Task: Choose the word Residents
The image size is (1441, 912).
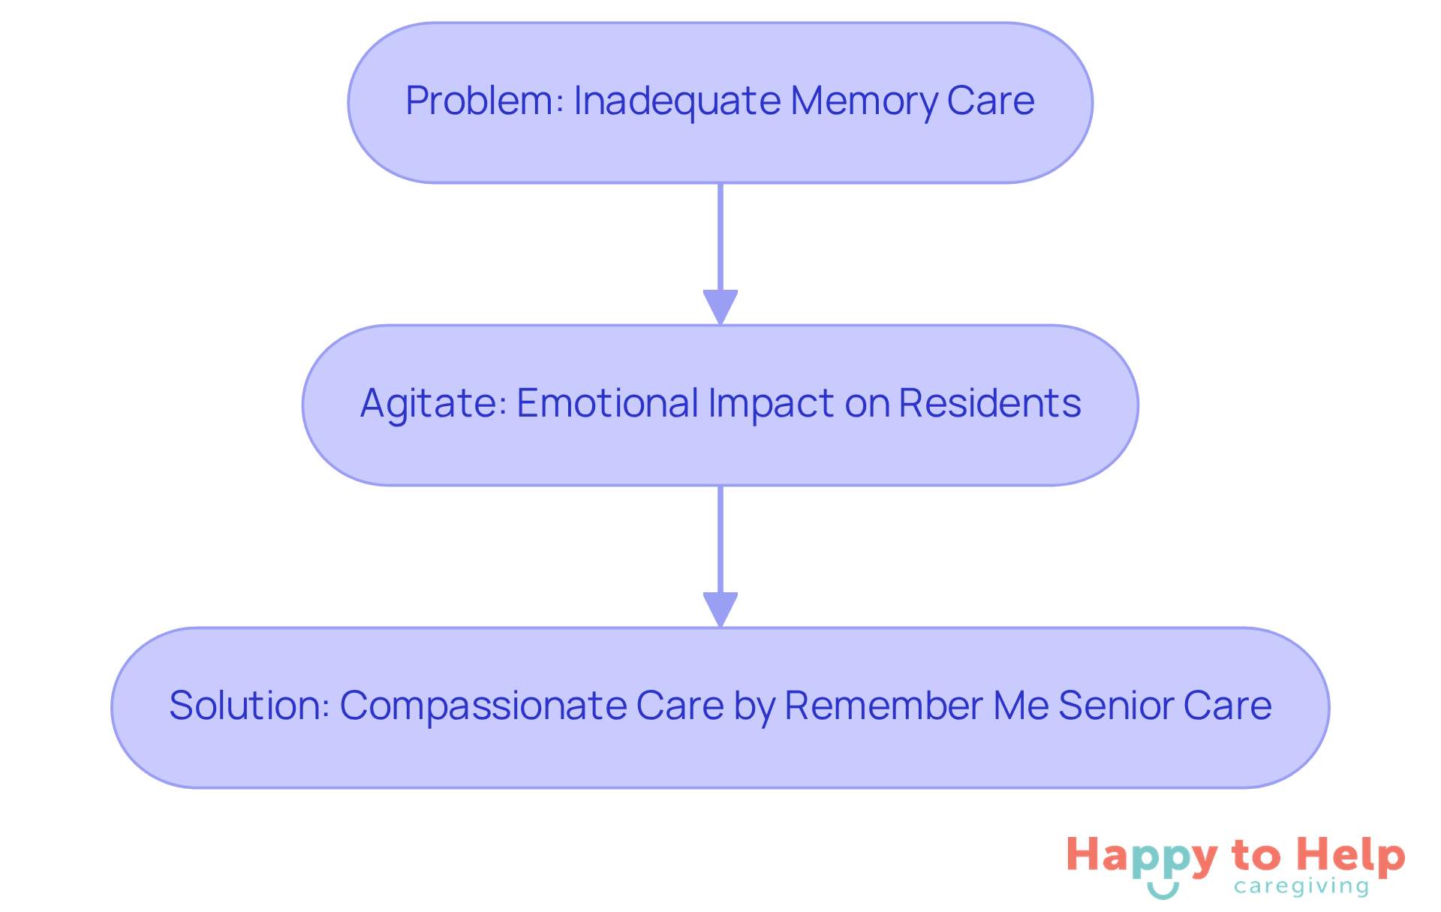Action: (990, 403)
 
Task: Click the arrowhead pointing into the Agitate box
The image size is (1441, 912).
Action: (720, 307)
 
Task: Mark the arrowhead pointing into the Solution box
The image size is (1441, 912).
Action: (720, 610)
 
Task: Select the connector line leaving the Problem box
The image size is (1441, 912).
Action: (720, 236)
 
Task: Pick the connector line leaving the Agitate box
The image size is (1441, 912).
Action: (720, 539)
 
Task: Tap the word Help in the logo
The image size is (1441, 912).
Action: (1352, 856)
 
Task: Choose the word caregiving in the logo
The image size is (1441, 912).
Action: (1301, 887)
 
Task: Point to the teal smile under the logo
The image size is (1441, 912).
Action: (1163, 890)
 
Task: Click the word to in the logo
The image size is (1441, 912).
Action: (1256, 856)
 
